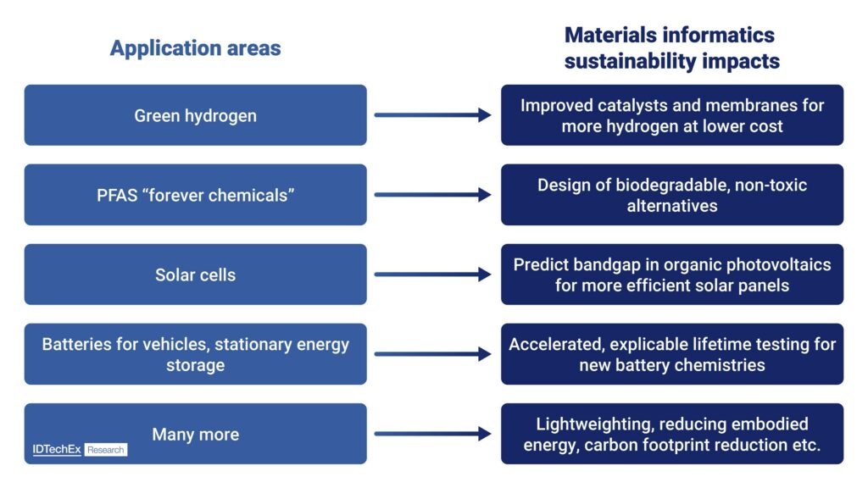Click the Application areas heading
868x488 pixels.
pos(196,48)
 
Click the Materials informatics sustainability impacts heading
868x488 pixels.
pos(672,48)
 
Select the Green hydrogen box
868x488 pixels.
pos(196,115)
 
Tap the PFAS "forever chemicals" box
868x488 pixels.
pos(196,195)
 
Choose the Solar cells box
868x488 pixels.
pos(196,274)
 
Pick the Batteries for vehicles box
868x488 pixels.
pos(196,354)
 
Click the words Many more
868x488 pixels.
pos(196,435)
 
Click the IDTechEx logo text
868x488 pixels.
pos(57,449)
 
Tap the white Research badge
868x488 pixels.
pos(106,450)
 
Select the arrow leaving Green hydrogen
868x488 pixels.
pos(433,115)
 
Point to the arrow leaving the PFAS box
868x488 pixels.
pos(433,195)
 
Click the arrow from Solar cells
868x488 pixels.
pos(433,274)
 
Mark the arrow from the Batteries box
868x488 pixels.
pos(433,354)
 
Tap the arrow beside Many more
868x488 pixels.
pos(433,434)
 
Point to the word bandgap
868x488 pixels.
pos(608,265)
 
